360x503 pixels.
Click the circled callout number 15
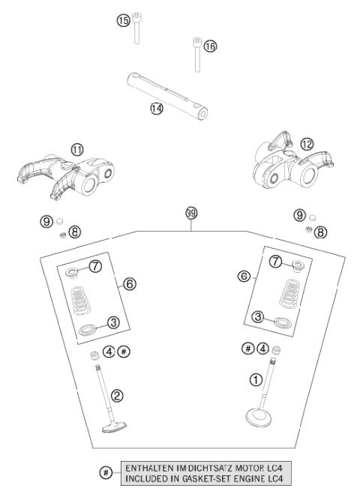(x=124, y=20)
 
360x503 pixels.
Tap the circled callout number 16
(x=210, y=46)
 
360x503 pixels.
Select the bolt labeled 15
(x=137, y=29)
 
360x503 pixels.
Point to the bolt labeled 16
(x=196, y=55)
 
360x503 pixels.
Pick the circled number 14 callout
(x=156, y=108)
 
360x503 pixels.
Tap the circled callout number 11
(x=77, y=149)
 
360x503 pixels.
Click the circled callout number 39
(x=190, y=214)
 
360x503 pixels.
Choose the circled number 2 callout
(x=116, y=394)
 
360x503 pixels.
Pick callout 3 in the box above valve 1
(x=258, y=318)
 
